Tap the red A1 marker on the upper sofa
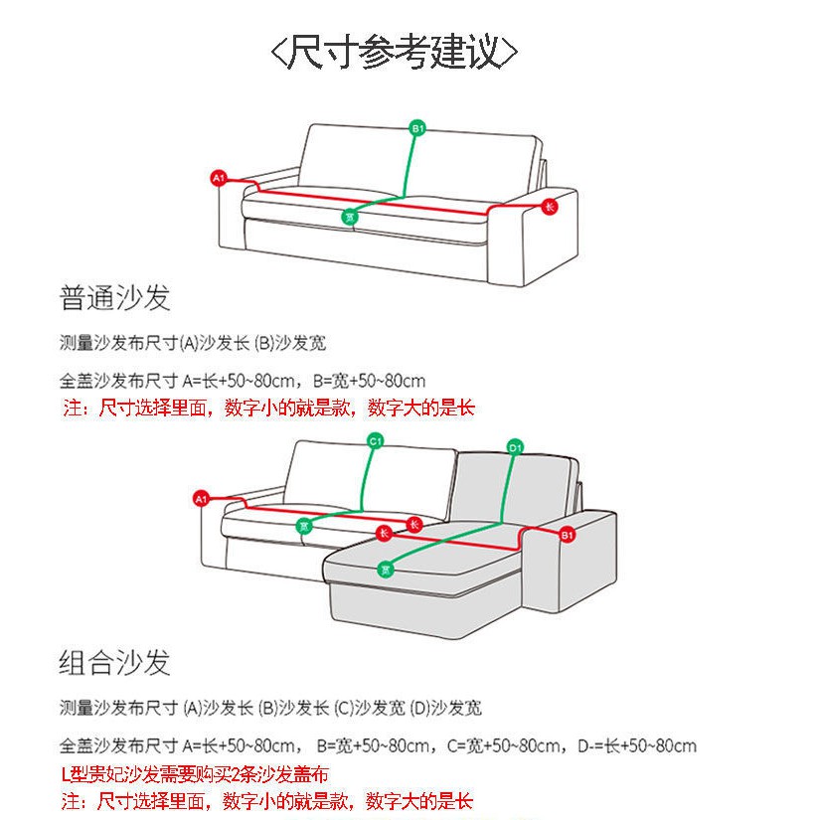pos(220,178)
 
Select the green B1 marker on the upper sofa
pos(418,128)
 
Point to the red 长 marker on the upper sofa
pos(550,206)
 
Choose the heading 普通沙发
pos(115,297)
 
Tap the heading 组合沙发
pos(115,662)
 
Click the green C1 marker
pos(376,440)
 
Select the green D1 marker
pos(515,447)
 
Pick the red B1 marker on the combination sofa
pos(568,535)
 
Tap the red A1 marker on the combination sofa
pos(201,498)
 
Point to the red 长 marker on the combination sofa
pos(414,524)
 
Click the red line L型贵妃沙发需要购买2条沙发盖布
pos(195,774)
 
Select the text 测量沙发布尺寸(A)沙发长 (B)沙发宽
pos(193,344)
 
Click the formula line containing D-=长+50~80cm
pos(378,745)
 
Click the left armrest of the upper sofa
pos(231,224)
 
